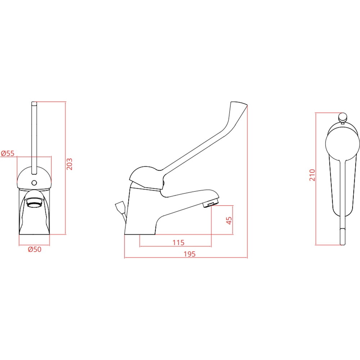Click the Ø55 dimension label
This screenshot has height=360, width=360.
(8, 153)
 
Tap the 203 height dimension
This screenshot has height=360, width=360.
(69, 164)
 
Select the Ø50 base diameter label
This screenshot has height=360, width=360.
(35, 249)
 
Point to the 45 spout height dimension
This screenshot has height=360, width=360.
(229, 220)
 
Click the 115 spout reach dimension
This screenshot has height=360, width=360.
(179, 242)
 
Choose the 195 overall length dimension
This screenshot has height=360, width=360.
(190, 254)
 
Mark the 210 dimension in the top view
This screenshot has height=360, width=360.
(312, 175)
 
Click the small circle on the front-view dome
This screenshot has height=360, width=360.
(34, 183)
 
